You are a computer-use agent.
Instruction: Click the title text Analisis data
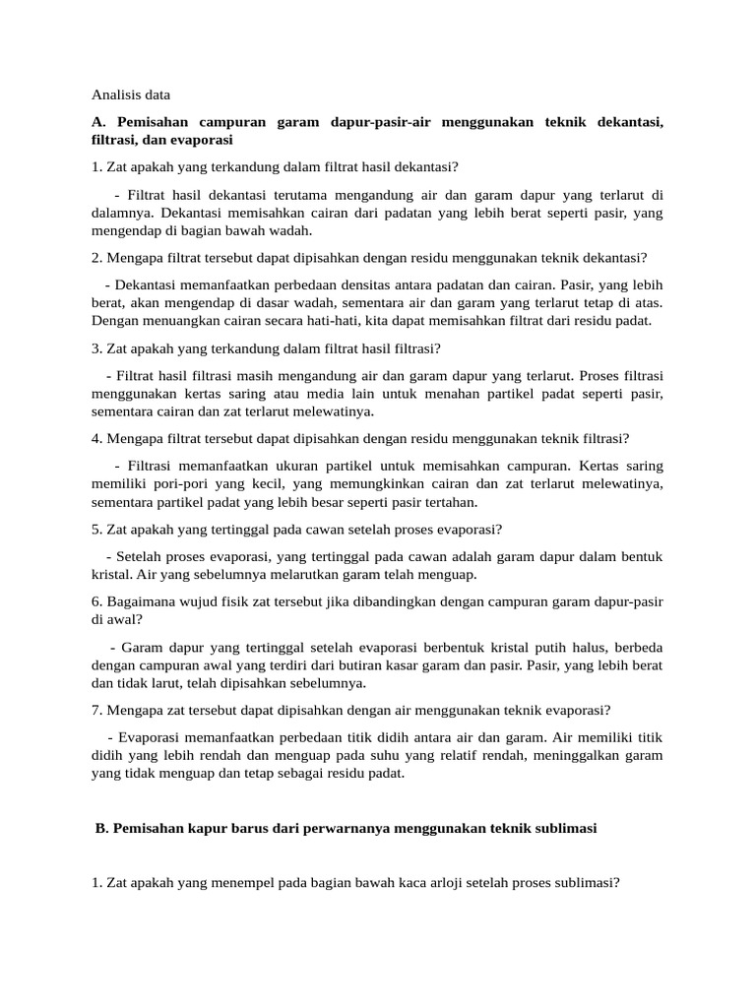[131, 95]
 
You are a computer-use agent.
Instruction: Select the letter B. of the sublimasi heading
[101, 829]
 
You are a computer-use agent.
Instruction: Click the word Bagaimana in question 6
[138, 602]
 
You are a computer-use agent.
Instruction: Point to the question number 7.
[96, 710]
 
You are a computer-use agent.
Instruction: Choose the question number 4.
[96, 438]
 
